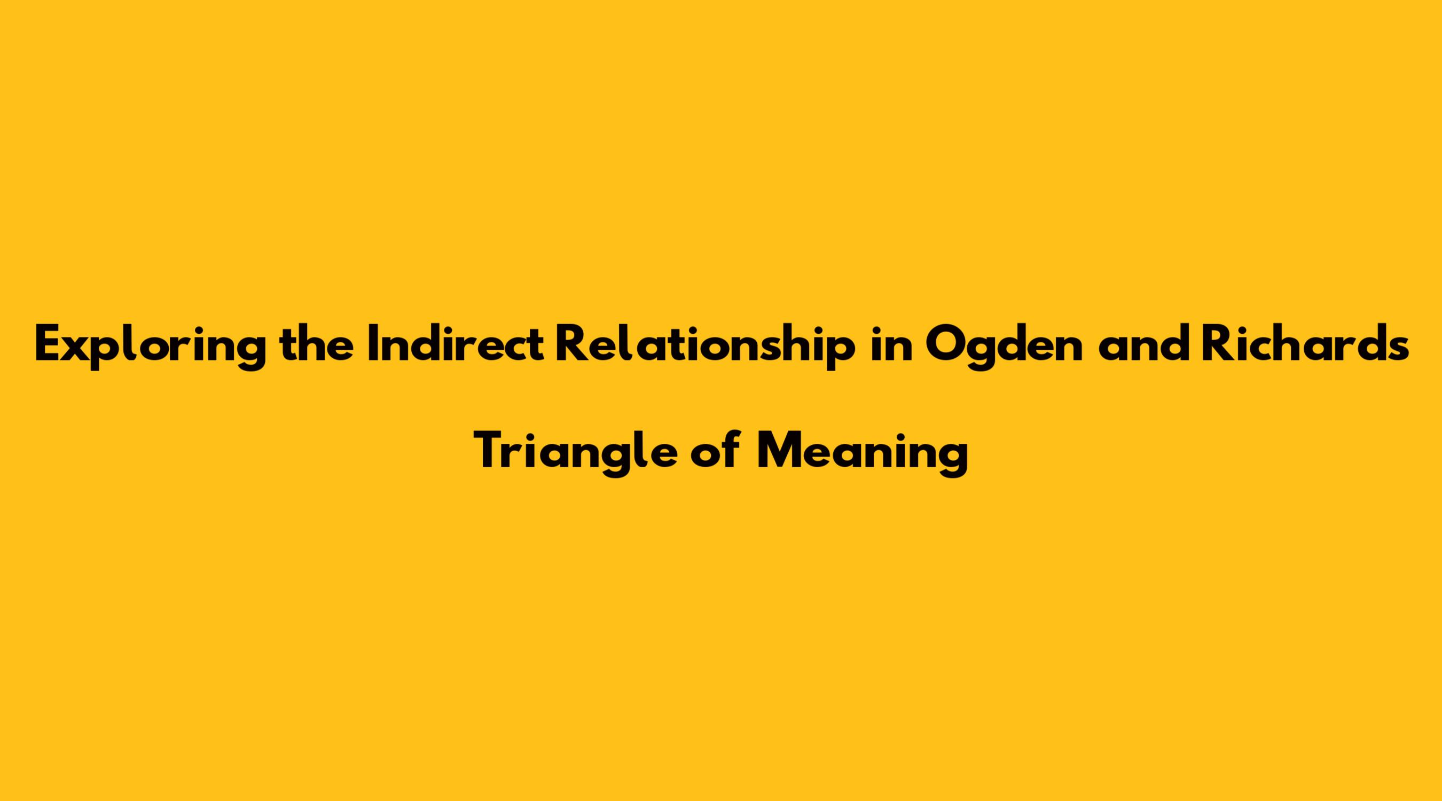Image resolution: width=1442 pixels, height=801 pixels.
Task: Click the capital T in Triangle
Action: point(489,450)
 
